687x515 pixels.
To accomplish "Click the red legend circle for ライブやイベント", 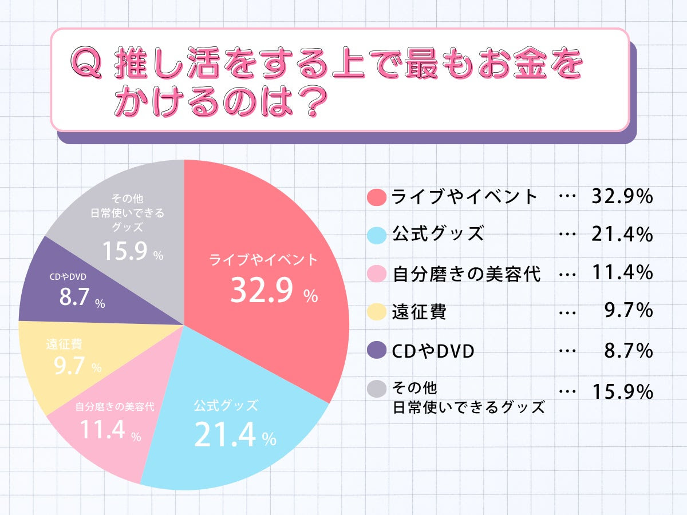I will [x=377, y=197].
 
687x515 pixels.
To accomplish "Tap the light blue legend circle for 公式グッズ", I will [x=377, y=235].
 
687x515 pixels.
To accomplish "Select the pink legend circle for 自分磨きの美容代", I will [x=377, y=274].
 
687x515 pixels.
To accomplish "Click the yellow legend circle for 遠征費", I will [x=377, y=312].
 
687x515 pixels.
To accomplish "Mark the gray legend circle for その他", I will [x=377, y=390].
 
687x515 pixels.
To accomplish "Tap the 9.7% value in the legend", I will [x=629, y=311].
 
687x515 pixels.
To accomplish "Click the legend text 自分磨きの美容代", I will [x=467, y=274].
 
